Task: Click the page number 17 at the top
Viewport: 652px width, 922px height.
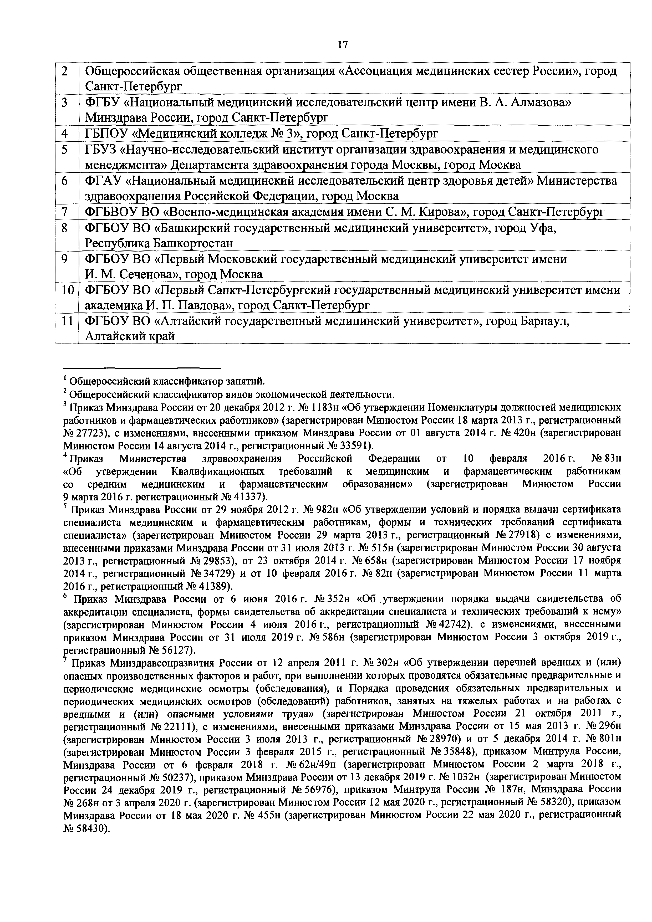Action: pyautogui.click(x=343, y=45)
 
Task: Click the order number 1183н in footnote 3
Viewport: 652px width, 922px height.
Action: pyautogui.click(x=327, y=408)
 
